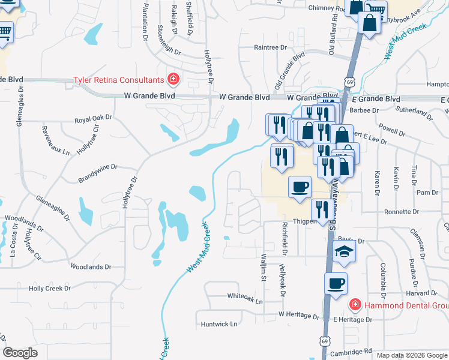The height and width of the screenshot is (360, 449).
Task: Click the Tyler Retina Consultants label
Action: click(x=118, y=80)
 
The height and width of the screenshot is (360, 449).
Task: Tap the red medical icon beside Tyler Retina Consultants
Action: click(x=173, y=79)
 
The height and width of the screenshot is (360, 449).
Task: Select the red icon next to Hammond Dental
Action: click(x=355, y=305)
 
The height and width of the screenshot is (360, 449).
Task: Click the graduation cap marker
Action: click(x=345, y=252)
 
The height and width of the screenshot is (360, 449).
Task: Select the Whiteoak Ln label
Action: click(x=245, y=296)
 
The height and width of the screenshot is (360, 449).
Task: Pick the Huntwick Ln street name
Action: click(x=219, y=324)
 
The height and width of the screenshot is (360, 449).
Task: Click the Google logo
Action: click(x=20, y=353)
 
